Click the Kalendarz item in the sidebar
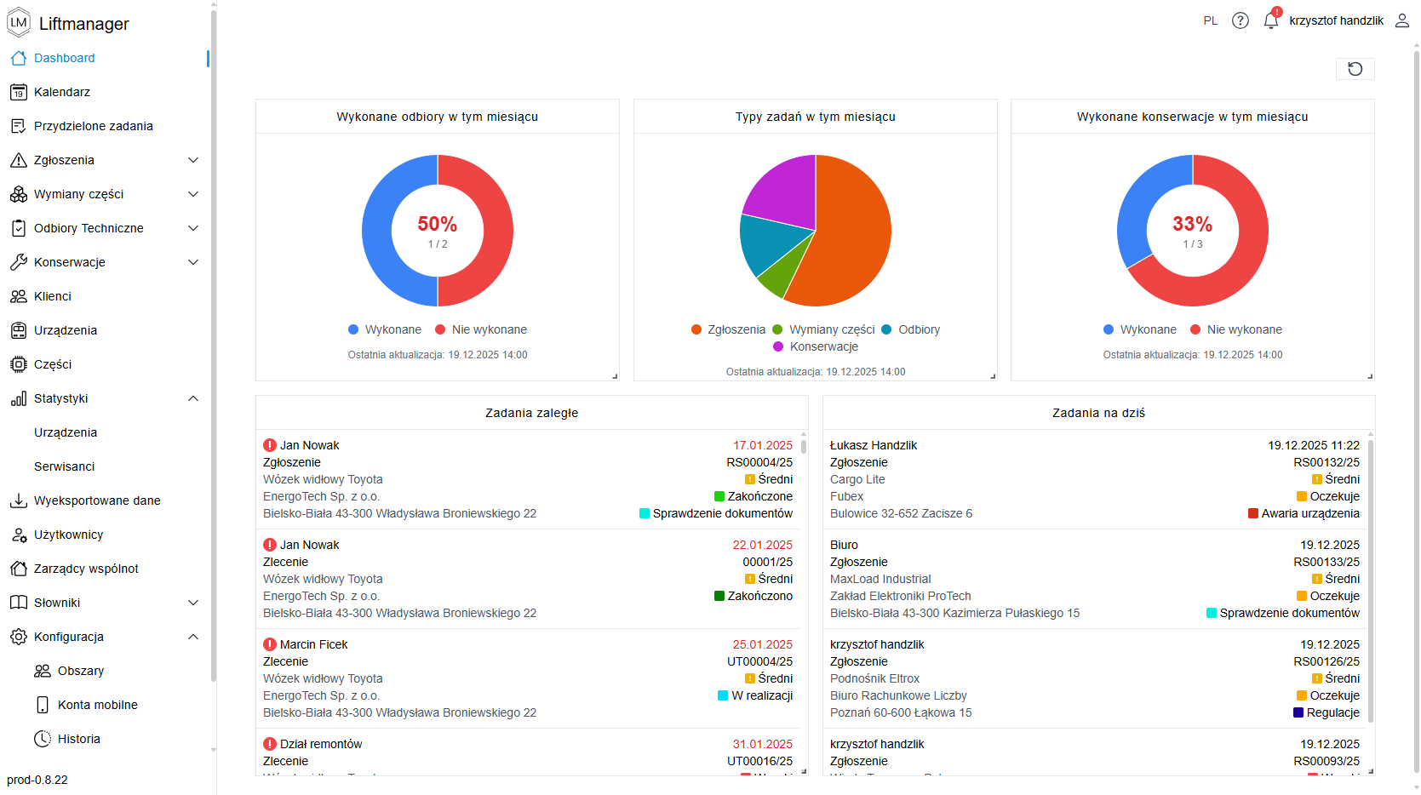(61, 92)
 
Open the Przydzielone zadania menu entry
(93, 126)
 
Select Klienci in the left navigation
(52, 296)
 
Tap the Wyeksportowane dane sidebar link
(96, 500)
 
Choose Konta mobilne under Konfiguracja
(97, 705)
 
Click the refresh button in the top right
(1355, 69)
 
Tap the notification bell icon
(1270, 20)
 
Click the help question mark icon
(1240, 20)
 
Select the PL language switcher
(1210, 20)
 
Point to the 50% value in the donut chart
(437, 224)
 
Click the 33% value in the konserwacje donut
(1192, 224)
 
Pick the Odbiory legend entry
(919, 329)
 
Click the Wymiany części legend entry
(831, 329)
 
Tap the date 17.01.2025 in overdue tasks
(762, 445)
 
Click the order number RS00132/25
(1326, 462)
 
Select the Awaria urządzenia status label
(1309, 513)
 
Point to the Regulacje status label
(1332, 712)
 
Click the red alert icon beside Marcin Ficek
(270, 644)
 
